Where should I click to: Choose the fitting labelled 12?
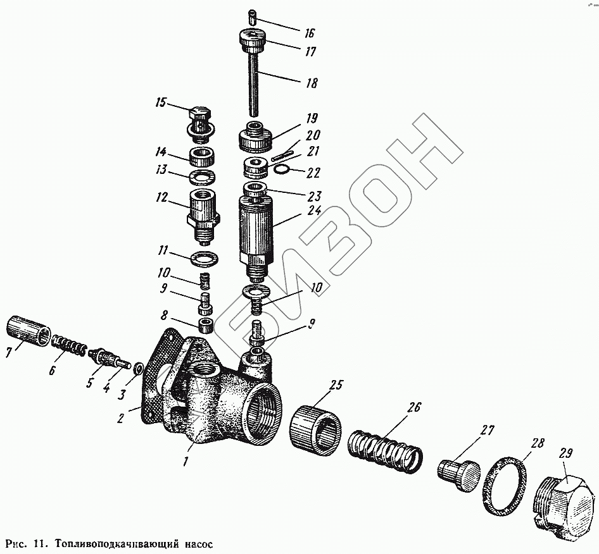click(203, 212)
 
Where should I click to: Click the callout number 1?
click(185, 462)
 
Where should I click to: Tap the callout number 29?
click(566, 453)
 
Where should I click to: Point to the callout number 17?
click(310, 52)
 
